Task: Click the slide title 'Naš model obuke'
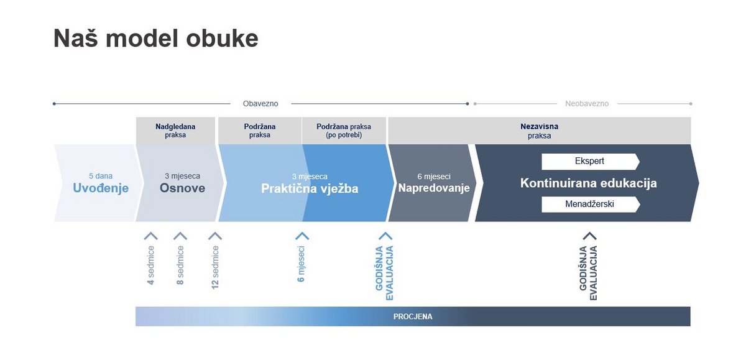click(156, 39)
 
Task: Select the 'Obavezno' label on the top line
click(260, 104)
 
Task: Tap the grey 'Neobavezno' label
click(587, 104)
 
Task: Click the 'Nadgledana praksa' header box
click(175, 131)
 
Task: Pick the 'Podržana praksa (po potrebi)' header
click(344, 131)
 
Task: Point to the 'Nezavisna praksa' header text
click(539, 131)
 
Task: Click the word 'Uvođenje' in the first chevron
click(101, 188)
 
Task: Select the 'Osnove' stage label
click(182, 188)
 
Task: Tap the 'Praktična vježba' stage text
click(310, 188)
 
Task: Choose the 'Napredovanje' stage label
click(434, 188)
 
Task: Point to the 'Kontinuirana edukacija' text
click(589, 183)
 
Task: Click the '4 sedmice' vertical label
click(151, 265)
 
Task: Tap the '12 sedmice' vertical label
click(215, 267)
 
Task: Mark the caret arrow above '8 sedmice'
click(180, 236)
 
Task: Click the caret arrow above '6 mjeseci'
click(302, 236)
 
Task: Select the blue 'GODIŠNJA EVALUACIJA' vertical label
click(385, 273)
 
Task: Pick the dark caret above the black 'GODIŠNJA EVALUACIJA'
click(589, 236)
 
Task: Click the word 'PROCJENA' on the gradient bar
click(413, 316)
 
